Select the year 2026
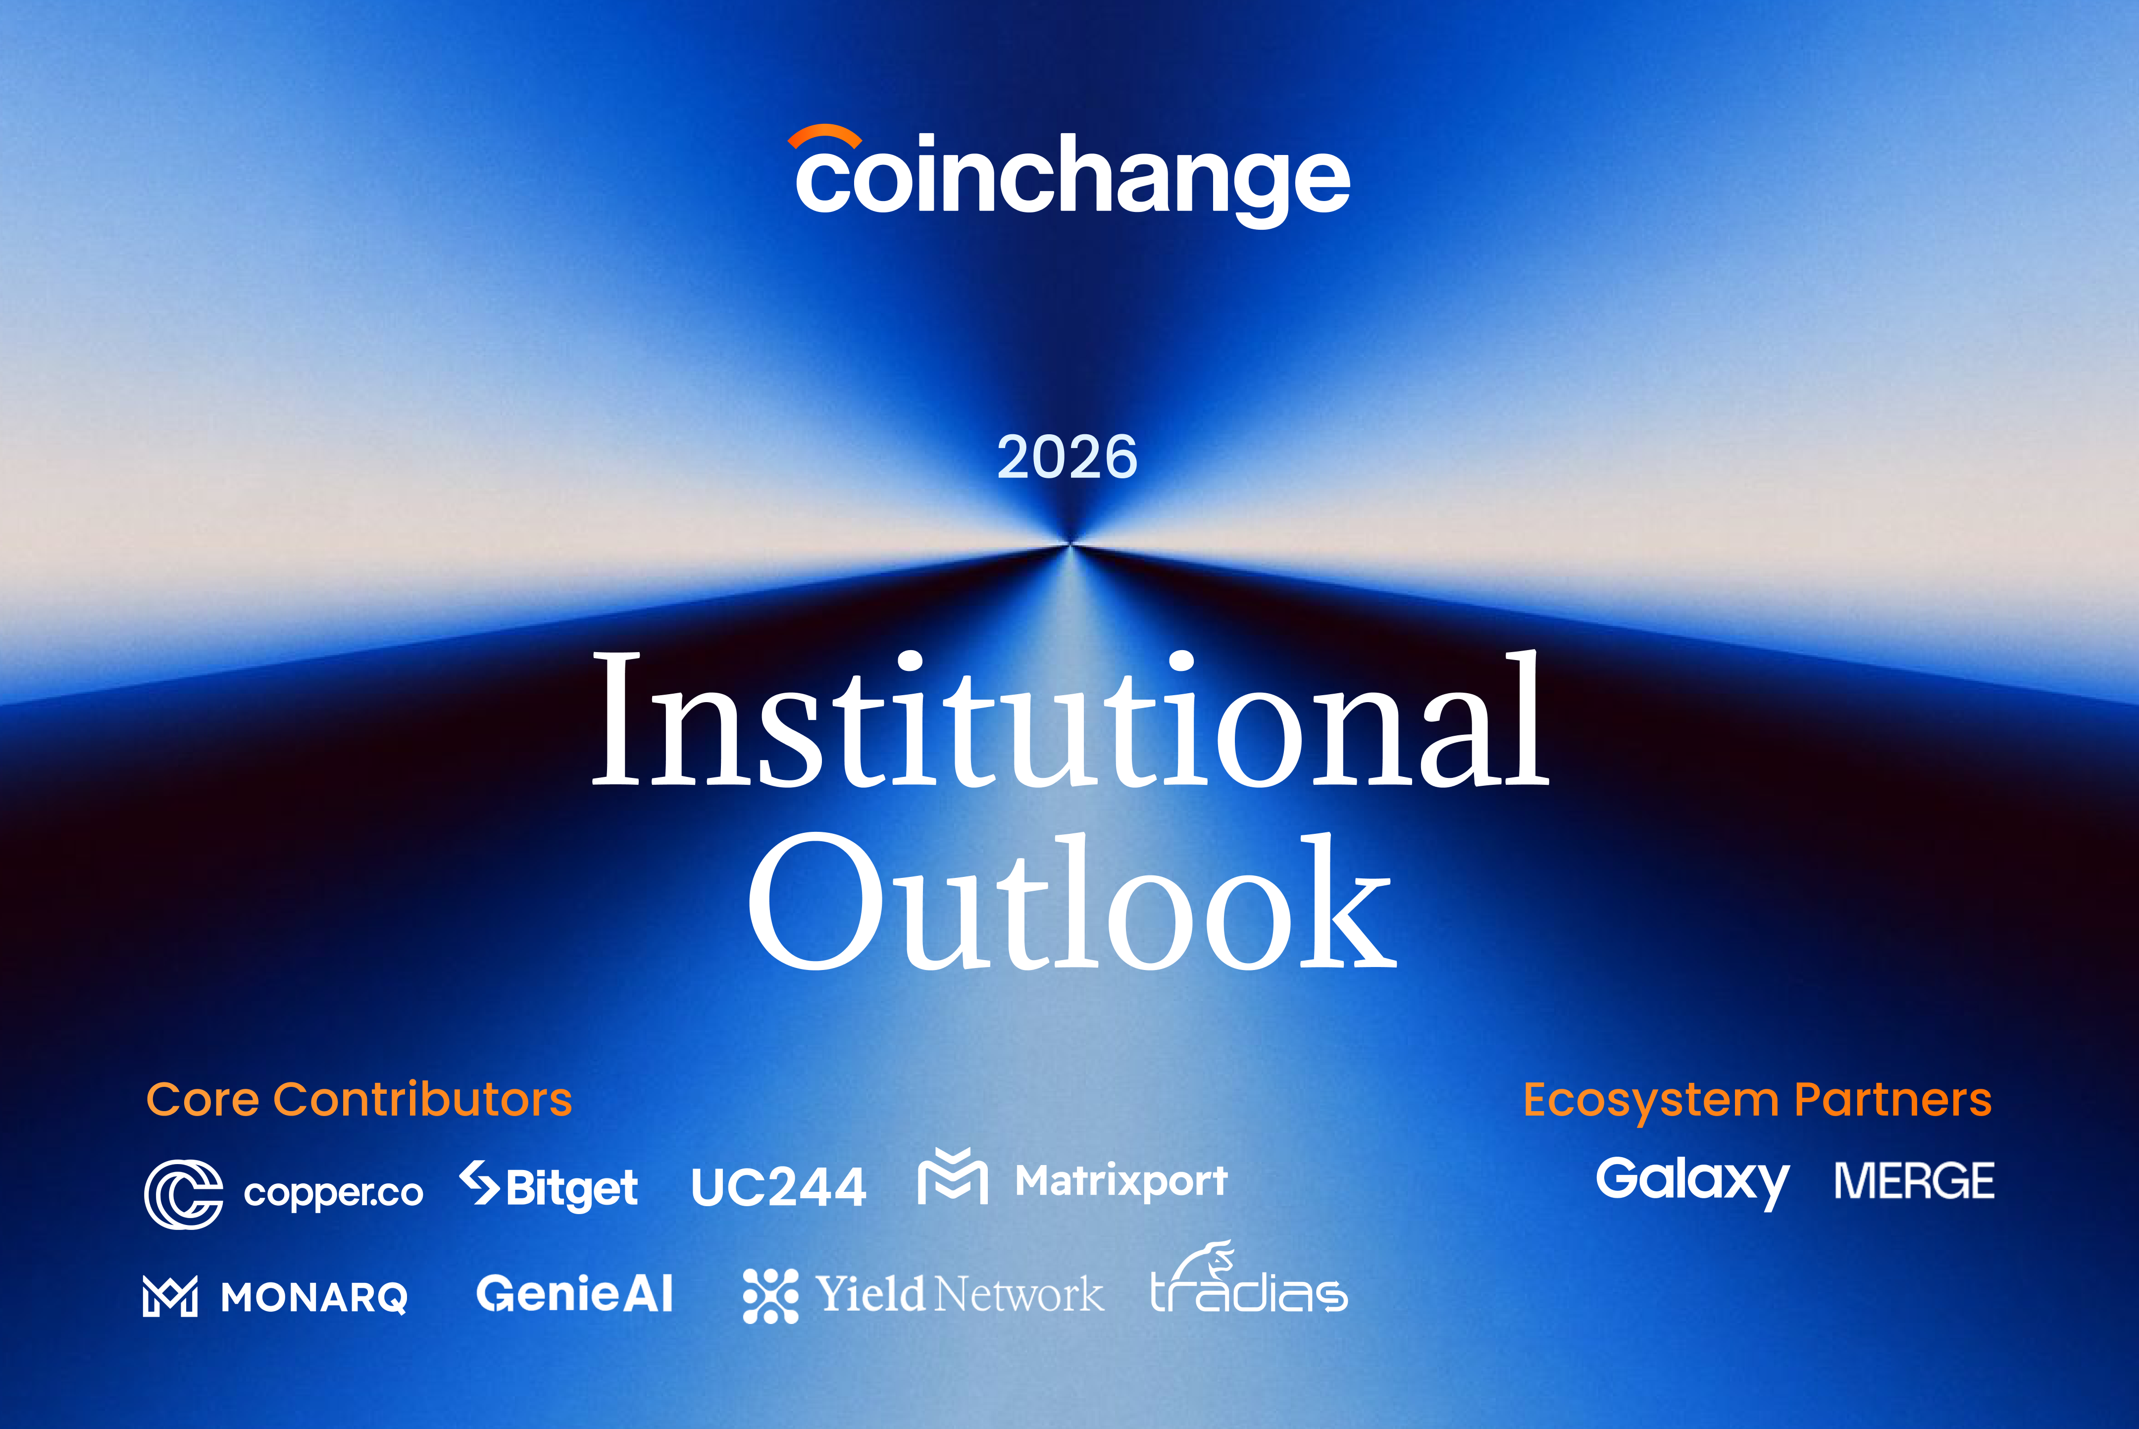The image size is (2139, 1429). (1067, 458)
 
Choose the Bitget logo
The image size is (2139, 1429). (549, 1186)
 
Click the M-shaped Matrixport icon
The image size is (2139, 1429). (952, 1177)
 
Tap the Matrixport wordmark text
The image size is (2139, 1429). (1121, 1181)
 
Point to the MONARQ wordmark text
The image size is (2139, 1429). (314, 1297)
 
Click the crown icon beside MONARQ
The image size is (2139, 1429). (169, 1296)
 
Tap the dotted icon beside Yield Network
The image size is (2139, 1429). (770, 1295)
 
